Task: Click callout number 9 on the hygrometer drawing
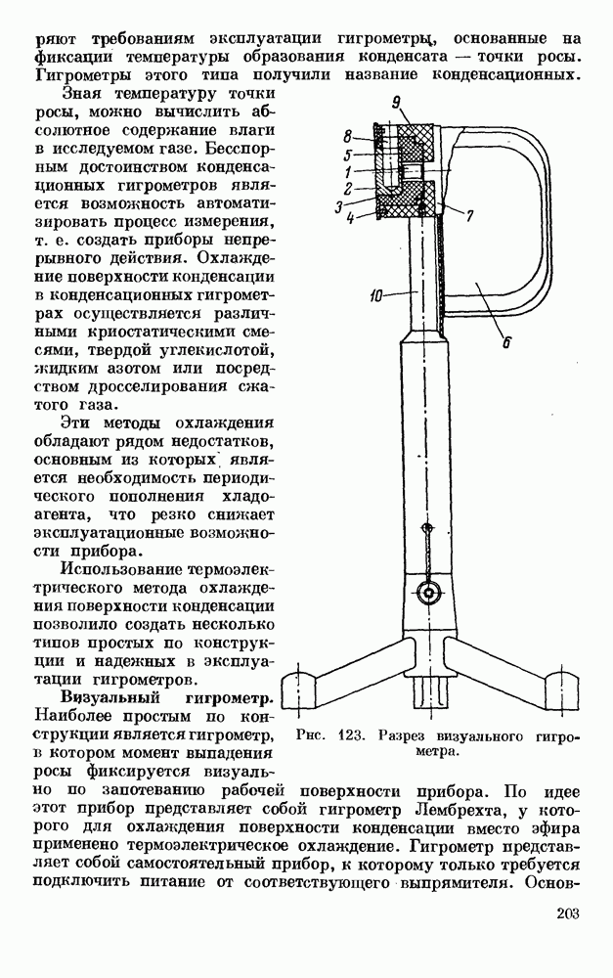click(x=396, y=102)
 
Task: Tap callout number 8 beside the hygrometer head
click(x=347, y=135)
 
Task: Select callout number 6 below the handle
click(x=505, y=342)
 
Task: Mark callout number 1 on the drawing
click(x=348, y=171)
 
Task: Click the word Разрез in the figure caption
click(x=414, y=734)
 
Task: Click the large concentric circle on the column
click(x=427, y=592)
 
